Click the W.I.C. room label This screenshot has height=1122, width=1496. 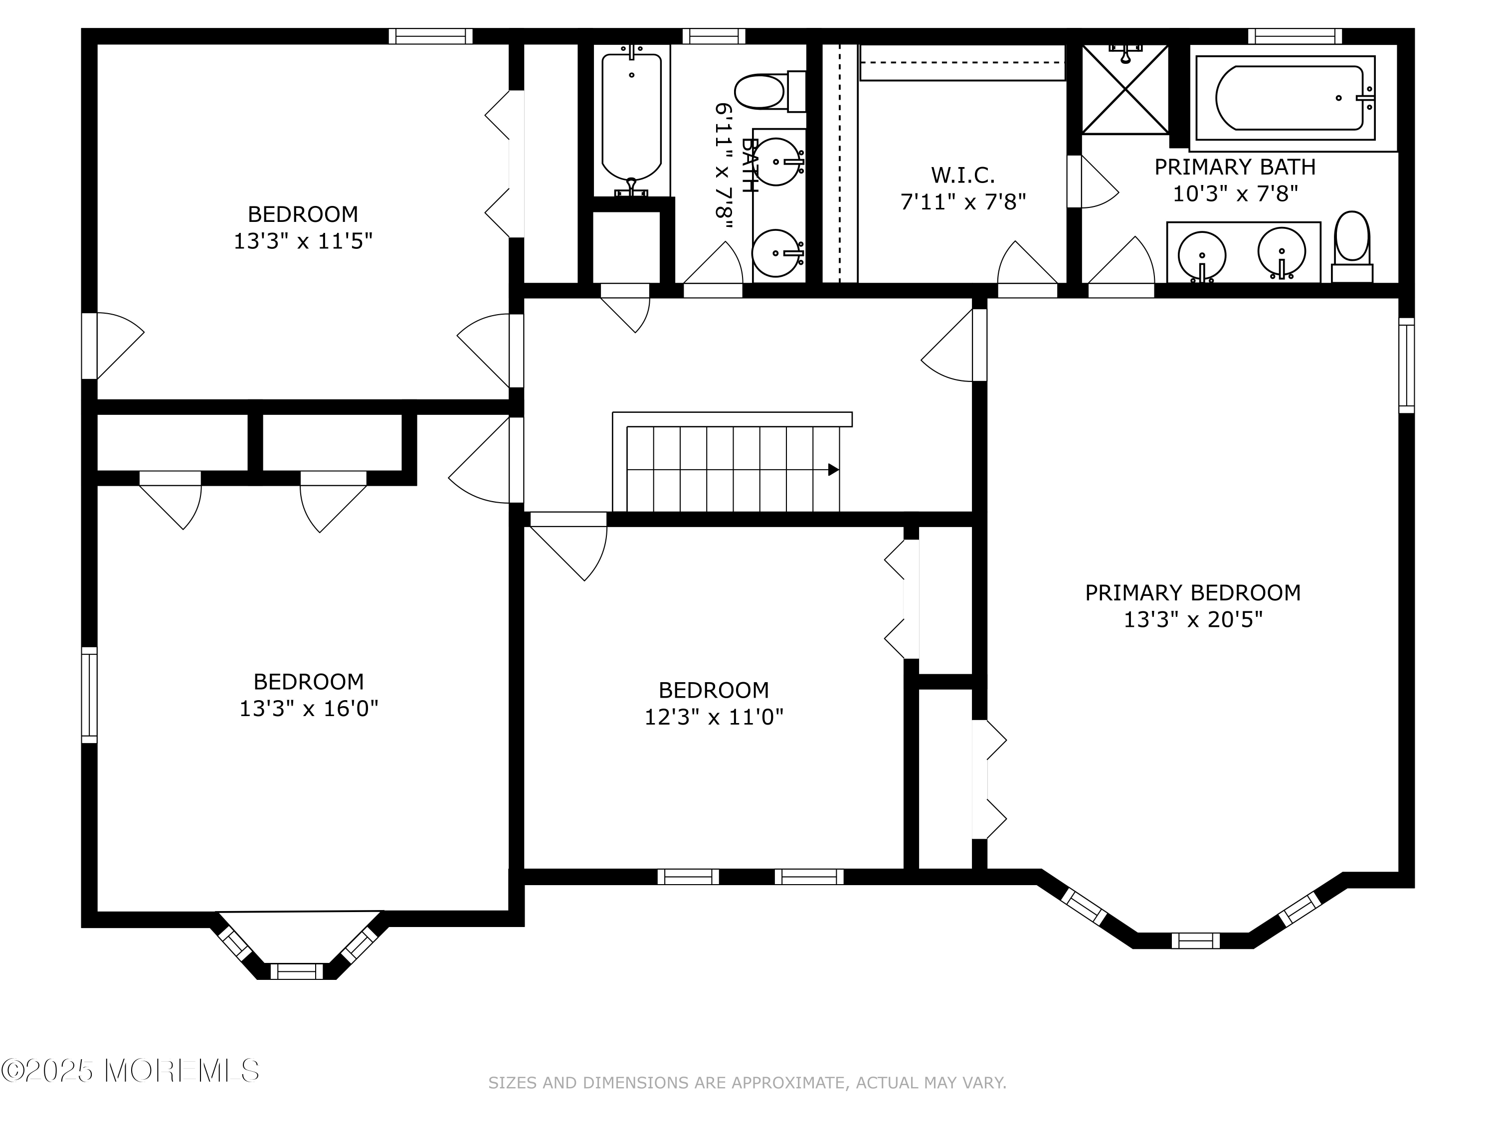point(962,175)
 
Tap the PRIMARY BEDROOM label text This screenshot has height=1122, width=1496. point(1193,592)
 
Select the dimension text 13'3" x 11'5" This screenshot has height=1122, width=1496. point(303,241)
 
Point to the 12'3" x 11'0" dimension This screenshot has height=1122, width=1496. point(714,717)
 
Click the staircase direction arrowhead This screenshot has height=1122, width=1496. point(834,469)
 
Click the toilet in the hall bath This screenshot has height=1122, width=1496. point(770,92)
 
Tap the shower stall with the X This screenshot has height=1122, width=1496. point(1125,89)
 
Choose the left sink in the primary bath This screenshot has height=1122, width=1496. point(1202,256)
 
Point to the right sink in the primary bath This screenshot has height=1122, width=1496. point(1282,252)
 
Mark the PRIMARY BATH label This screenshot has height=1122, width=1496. point(1235,167)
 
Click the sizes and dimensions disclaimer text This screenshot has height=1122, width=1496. point(748,1083)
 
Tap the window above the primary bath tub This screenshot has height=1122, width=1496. point(1295,36)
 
